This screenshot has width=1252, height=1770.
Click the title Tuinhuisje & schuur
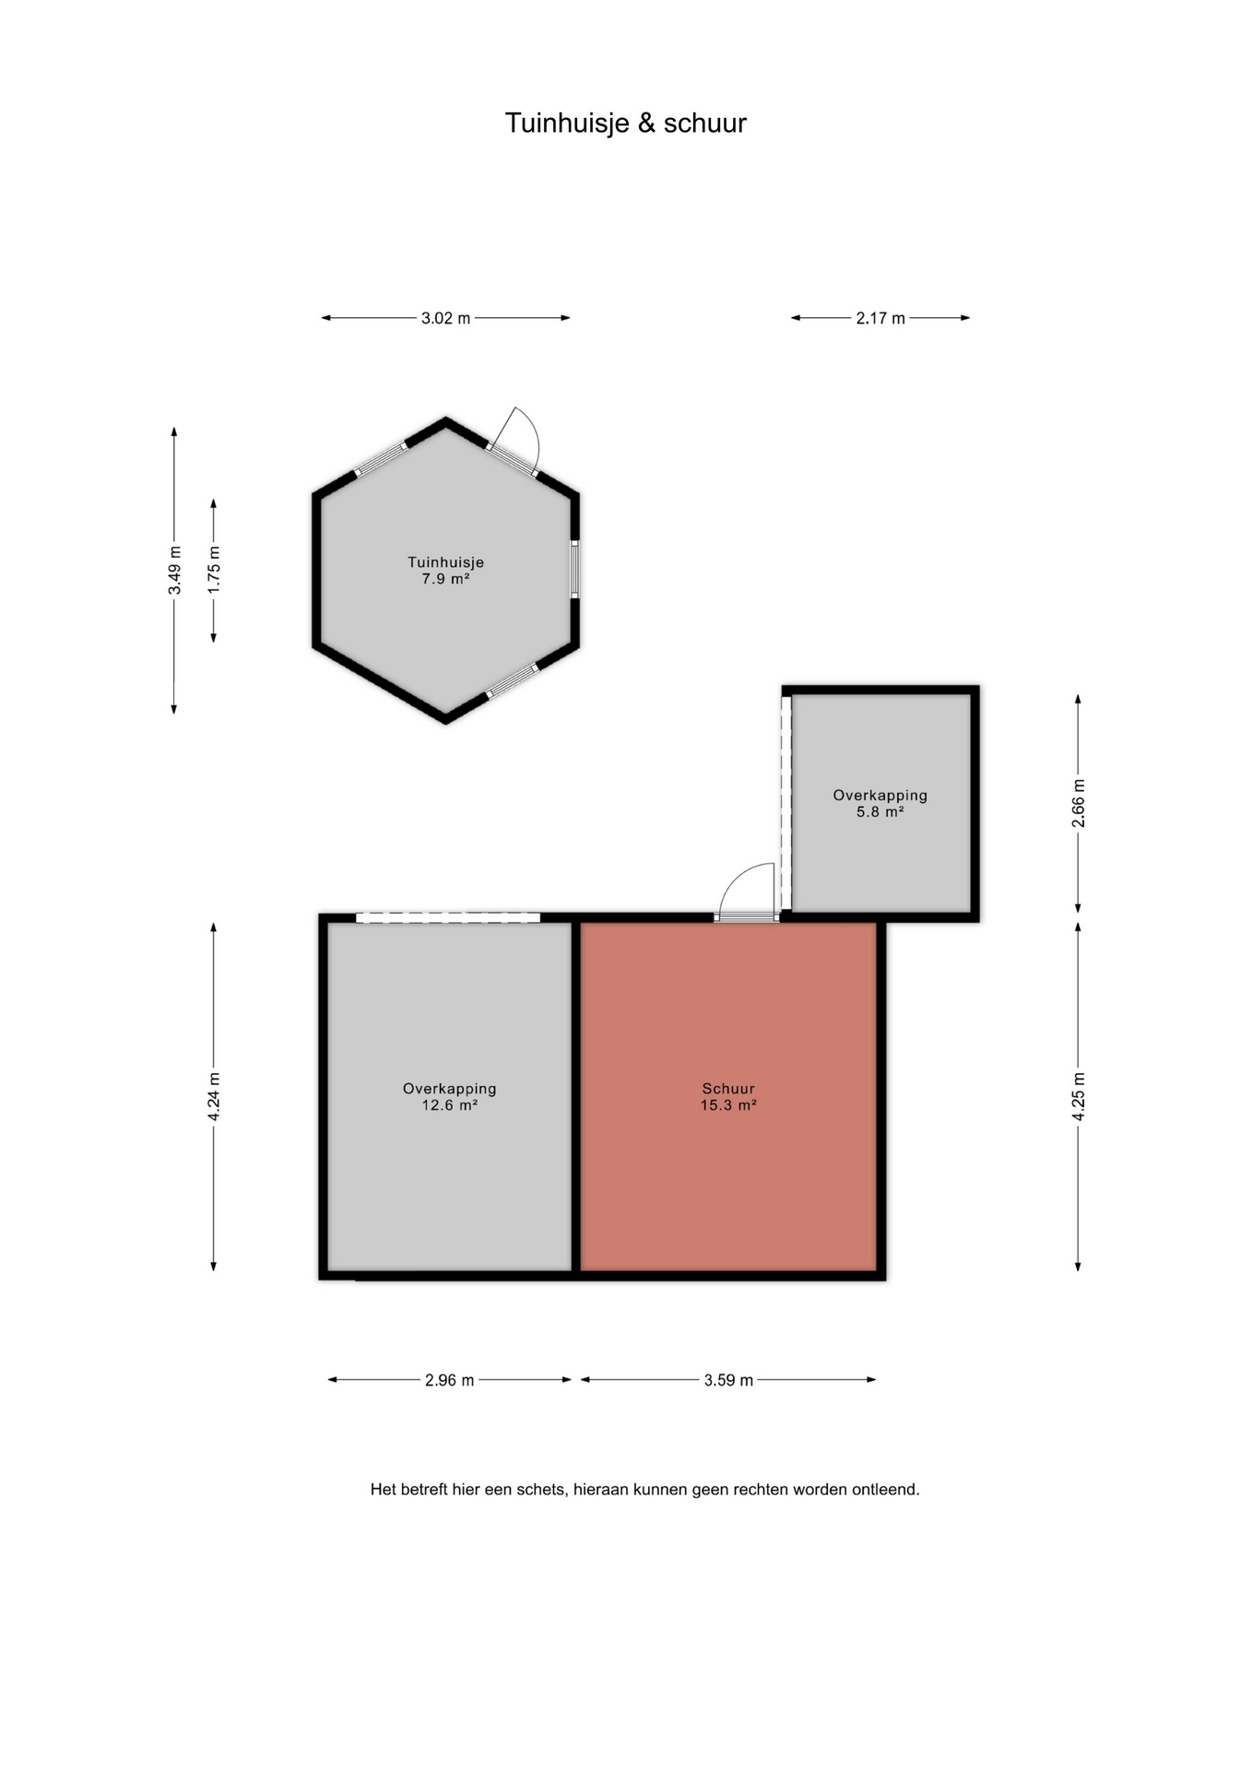click(625, 123)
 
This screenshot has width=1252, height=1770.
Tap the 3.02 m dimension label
click(445, 318)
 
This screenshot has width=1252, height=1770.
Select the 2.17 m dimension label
click(880, 318)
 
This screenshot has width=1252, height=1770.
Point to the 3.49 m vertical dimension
click(174, 571)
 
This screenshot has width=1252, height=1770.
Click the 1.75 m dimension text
click(214, 571)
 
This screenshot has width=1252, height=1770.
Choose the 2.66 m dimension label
click(1078, 804)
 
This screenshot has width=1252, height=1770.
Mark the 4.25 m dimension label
click(1078, 1097)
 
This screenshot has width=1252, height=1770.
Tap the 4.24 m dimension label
click(214, 1097)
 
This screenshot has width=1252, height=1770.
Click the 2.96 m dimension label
click(449, 1380)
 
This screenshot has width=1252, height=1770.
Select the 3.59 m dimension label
click(728, 1380)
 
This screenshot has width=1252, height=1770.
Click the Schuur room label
click(728, 1089)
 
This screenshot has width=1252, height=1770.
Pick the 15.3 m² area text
click(728, 1105)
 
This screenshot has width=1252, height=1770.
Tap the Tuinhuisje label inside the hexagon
click(446, 562)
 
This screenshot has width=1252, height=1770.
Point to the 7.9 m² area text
click(446, 579)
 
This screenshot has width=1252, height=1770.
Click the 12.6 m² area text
click(450, 1105)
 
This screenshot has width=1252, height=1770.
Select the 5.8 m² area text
click(880, 812)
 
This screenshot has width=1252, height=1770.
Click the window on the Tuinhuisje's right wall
click(574, 570)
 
